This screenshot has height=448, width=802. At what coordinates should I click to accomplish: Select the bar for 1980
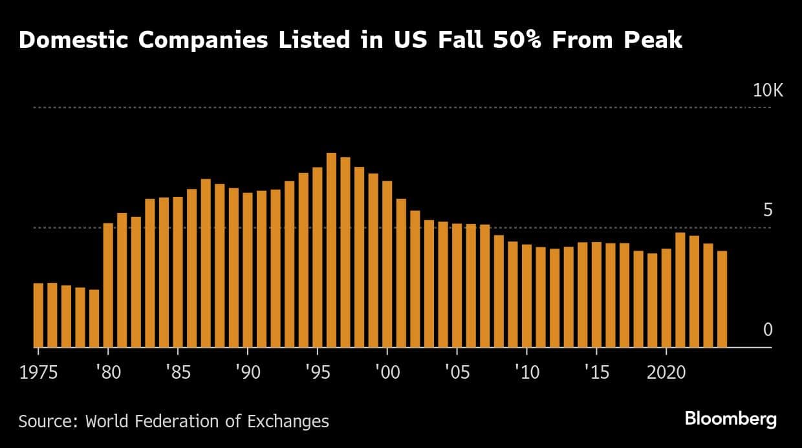(x=108, y=285)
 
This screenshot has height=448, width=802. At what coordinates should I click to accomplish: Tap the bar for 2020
(x=666, y=298)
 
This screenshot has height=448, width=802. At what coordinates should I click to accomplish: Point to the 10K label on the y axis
(x=768, y=91)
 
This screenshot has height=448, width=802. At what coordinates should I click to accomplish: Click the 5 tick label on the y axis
(x=768, y=210)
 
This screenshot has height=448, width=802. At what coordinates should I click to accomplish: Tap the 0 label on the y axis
(x=768, y=330)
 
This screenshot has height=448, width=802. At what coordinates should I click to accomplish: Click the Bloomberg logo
(x=730, y=420)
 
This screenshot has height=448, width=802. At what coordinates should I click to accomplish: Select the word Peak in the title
(x=653, y=40)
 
